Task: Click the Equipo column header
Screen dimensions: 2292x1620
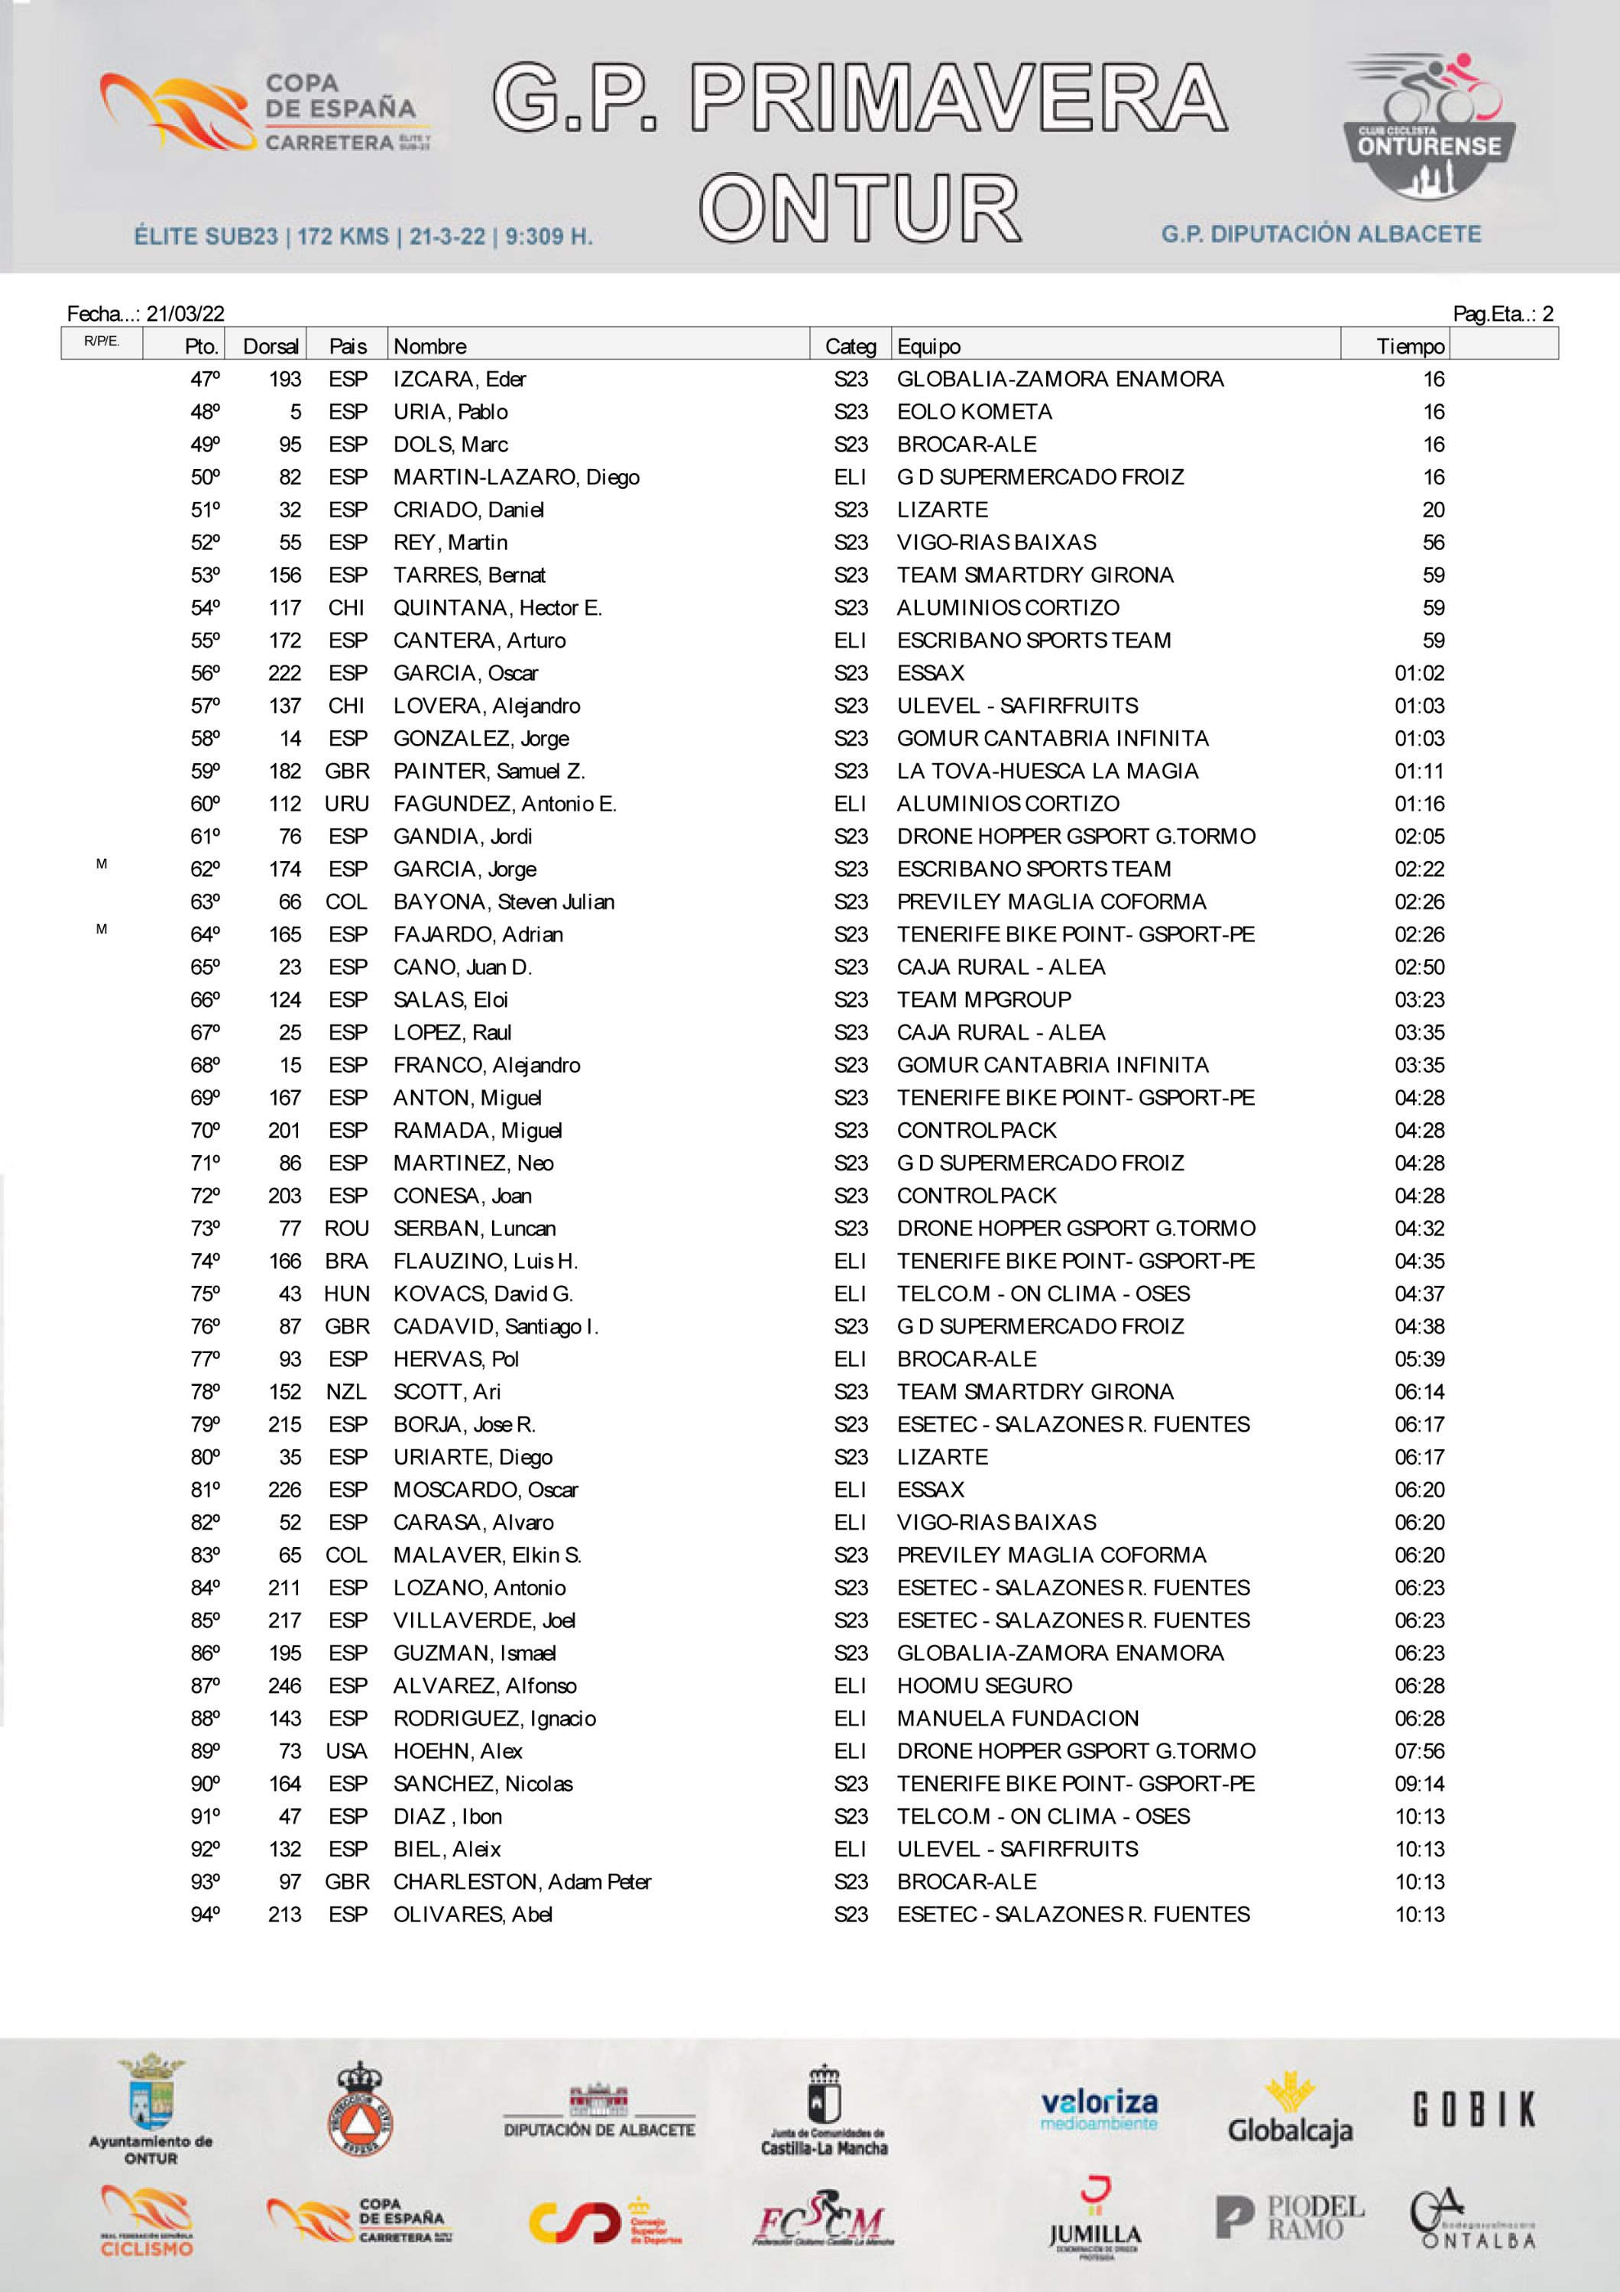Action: [x=928, y=346]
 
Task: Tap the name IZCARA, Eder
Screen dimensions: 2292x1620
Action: [x=459, y=380]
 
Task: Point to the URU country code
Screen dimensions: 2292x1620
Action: [x=346, y=804]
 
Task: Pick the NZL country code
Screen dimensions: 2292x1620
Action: [x=346, y=1391]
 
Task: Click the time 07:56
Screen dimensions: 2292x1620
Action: [x=1419, y=1751]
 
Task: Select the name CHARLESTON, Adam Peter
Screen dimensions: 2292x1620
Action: [x=522, y=1882]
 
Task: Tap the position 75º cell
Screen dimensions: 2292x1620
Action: [x=206, y=1293]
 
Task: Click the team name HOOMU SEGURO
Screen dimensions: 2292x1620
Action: [x=984, y=1686]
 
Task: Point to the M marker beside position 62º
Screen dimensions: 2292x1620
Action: [x=102, y=863]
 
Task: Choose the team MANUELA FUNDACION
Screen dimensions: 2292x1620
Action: [x=1017, y=1718]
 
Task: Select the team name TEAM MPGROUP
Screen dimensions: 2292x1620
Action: [x=983, y=999]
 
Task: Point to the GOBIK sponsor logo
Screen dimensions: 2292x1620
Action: [x=1473, y=2109]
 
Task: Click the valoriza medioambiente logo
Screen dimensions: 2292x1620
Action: [x=1098, y=2109]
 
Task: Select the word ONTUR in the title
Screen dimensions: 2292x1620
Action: [x=860, y=208]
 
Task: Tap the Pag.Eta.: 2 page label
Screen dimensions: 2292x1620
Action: [x=1502, y=313]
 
